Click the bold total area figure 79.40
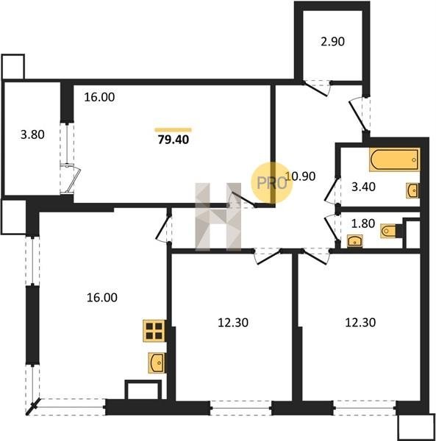[x=174, y=140]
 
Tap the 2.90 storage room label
[x=332, y=42]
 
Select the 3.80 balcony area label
[x=32, y=135]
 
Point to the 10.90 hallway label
[x=301, y=176]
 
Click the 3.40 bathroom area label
[x=363, y=187]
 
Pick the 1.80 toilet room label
[x=363, y=223]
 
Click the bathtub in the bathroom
[x=395, y=159]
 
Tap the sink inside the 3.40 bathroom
[x=412, y=190]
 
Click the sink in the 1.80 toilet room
[x=354, y=241]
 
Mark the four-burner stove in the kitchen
[x=154, y=331]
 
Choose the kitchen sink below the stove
[x=157, y=363]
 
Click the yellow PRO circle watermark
[x=272, y=183]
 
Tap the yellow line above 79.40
[x=173, y=130]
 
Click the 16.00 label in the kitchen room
[x=101, y=298]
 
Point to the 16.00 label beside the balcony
[x=99, y=97]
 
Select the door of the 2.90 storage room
[x=317, y=89]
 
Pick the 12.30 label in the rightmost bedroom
[x=360, y=323]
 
